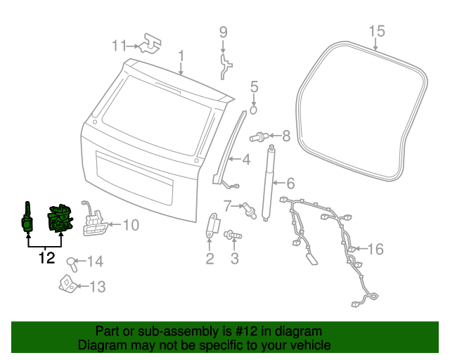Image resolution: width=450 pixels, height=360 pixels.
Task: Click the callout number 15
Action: point(377,31)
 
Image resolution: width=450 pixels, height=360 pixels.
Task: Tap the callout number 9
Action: point(224,32)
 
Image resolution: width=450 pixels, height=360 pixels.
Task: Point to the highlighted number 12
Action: point(46,258)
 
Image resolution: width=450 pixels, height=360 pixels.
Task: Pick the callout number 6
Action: point(290,184)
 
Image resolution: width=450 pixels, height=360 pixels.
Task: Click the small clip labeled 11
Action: point(149,44)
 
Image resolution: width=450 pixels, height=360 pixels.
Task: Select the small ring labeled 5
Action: point(254,109)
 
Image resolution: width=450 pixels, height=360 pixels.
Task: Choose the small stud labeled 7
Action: point(248,208)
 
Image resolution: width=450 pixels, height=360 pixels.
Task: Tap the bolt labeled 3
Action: point(233,235)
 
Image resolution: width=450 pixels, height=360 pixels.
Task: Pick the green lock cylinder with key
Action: point(28,220)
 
